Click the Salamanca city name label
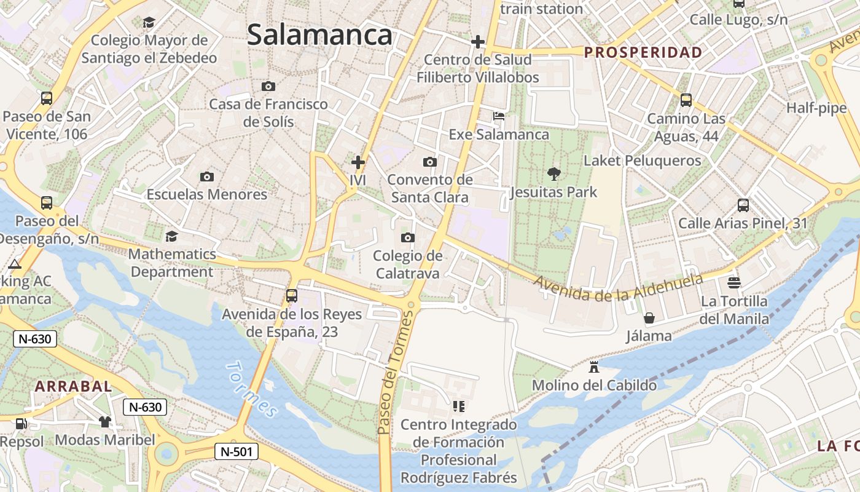319,35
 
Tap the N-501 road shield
237,451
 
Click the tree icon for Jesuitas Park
553,174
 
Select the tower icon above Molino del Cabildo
593,367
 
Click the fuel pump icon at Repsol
21,423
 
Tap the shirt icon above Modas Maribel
105,422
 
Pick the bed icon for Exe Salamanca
499,116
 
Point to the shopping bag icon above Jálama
649,318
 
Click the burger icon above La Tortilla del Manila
733,283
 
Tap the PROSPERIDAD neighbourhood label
643,52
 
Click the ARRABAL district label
74,386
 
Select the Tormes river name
252,389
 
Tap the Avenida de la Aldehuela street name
618,288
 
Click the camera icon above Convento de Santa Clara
430,162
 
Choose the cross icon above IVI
358,162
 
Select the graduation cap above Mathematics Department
172,236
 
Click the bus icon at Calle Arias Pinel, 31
743,205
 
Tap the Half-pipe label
816,108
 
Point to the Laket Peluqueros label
642,161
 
